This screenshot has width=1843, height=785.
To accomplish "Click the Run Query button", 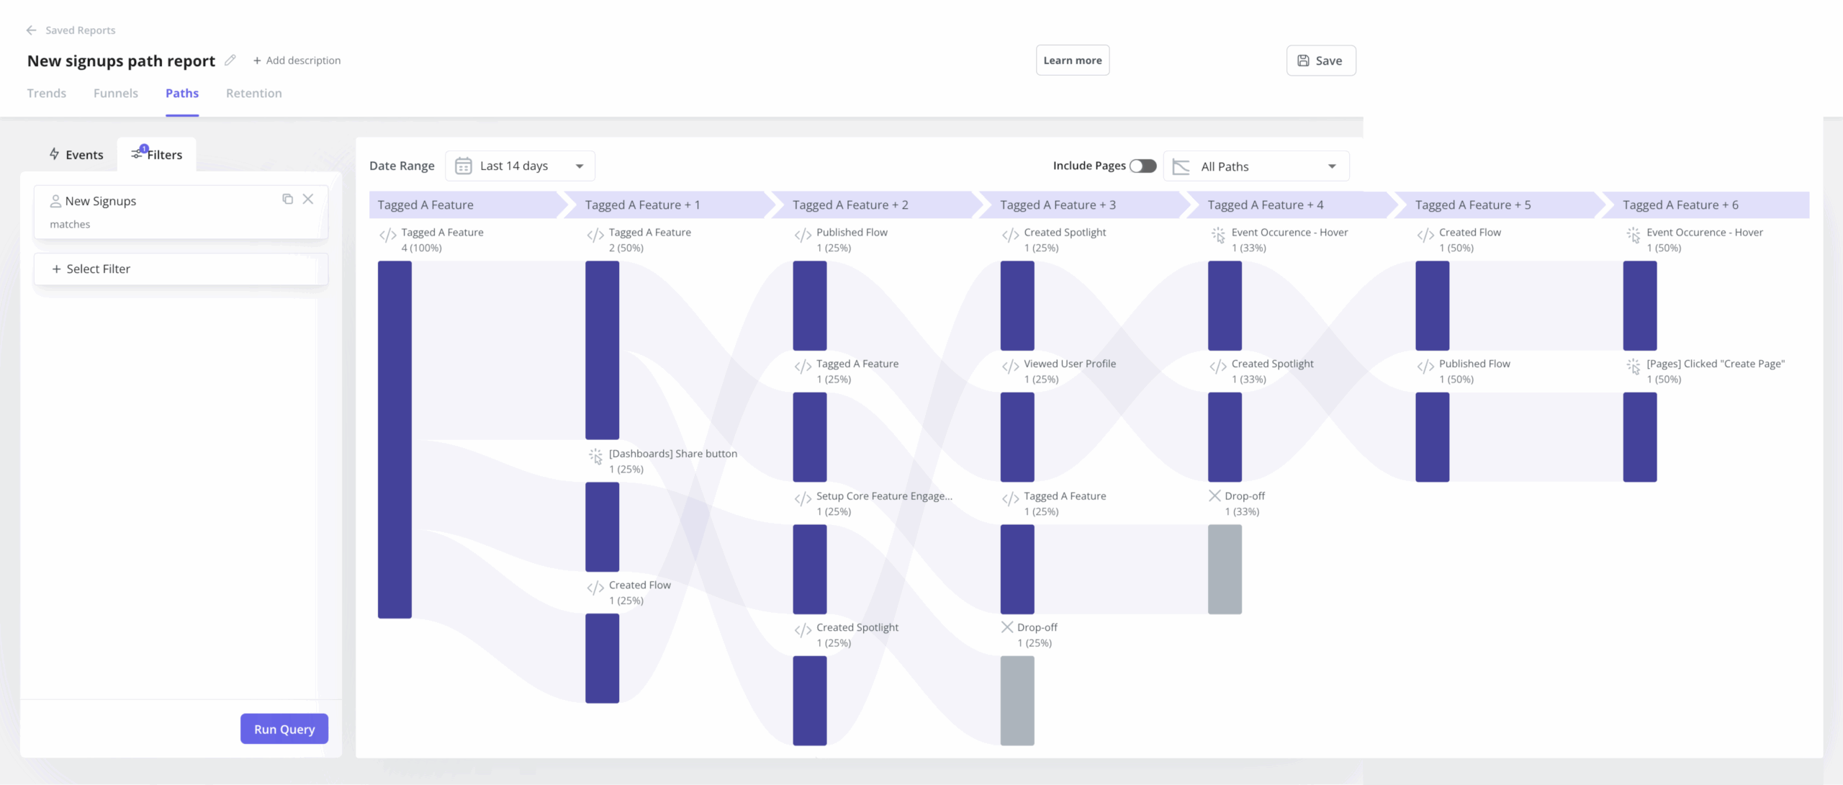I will point(284,729).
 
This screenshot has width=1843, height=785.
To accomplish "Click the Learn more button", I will point(1072,60).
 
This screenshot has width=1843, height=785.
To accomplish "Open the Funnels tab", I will point(116,93).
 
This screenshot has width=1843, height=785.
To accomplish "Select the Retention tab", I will point(253,93).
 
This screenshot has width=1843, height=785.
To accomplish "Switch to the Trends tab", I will point(47,93).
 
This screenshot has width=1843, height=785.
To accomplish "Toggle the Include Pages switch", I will point(1143,166).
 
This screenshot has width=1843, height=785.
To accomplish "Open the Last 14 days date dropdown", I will point(520,166).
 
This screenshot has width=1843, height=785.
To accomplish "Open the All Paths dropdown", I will point(1256,166).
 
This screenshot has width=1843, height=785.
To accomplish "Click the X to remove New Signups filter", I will point(308,199).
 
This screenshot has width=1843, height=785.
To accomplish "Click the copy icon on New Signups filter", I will point(287,199).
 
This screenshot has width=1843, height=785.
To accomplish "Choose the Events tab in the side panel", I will point(76,155).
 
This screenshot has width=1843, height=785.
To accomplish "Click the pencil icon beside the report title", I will point(230,60).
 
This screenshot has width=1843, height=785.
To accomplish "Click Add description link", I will point(297,60).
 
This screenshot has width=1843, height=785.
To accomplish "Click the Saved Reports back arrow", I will point(31,30).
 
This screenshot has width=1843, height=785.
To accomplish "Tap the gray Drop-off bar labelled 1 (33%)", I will point(1225,569).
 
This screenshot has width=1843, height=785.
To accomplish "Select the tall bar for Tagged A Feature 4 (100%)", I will point(395,439).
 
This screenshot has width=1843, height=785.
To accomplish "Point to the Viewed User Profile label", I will point(1070,364).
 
